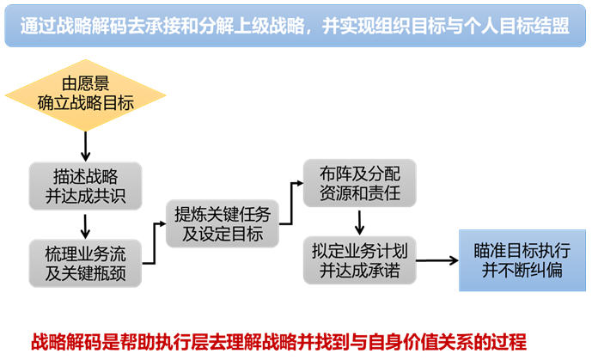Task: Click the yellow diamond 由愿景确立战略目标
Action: click(85, 95)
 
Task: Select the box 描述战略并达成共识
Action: click(85, 186)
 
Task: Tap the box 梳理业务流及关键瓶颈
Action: click(85, 263)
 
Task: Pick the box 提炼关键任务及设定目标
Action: click(223, 224)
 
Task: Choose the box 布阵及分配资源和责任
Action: click(360, 183)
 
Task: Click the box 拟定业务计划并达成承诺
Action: click(360, 260)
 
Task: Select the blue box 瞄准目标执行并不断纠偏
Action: click(522, 260)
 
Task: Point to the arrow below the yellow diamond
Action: click(85, 146)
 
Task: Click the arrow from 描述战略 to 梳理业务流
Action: click(85, 227)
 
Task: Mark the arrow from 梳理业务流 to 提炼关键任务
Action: click(155, 243)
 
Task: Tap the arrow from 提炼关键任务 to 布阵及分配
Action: click(292, 204)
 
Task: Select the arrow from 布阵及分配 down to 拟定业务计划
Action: click(359, 223)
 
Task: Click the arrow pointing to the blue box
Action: click(437, 260)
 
